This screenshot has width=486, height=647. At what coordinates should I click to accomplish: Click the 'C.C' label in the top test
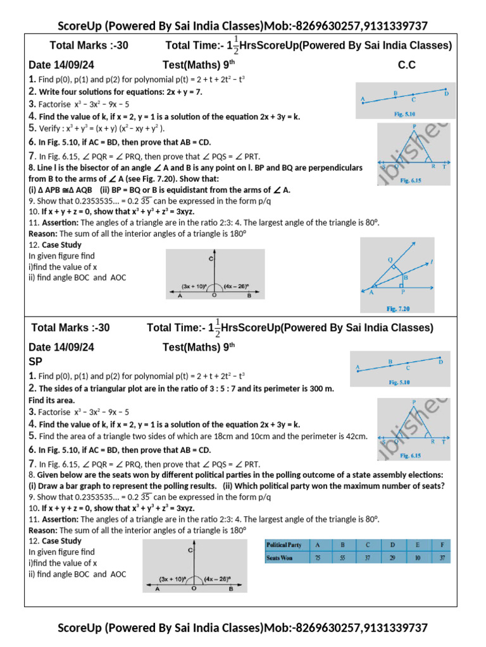(x=406, y=65)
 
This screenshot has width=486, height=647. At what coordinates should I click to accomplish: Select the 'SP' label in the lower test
(x=36, y=361)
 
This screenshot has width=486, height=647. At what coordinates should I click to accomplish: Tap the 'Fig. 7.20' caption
(x=399, y=308)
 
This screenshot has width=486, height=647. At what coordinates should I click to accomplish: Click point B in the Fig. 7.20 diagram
(x=405, y=276)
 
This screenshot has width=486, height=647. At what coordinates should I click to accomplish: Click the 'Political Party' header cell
(x=284, y=545)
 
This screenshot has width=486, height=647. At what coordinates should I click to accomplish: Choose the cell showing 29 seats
(x=393, y=558)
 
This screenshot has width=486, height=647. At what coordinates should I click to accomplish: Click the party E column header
(x=418, y=545)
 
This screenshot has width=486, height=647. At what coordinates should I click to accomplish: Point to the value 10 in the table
(x=418, y=558)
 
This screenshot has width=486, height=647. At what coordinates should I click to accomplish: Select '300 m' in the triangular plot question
(x=320, y=388)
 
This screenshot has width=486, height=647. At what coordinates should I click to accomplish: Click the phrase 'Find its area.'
(x=52, y=400)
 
